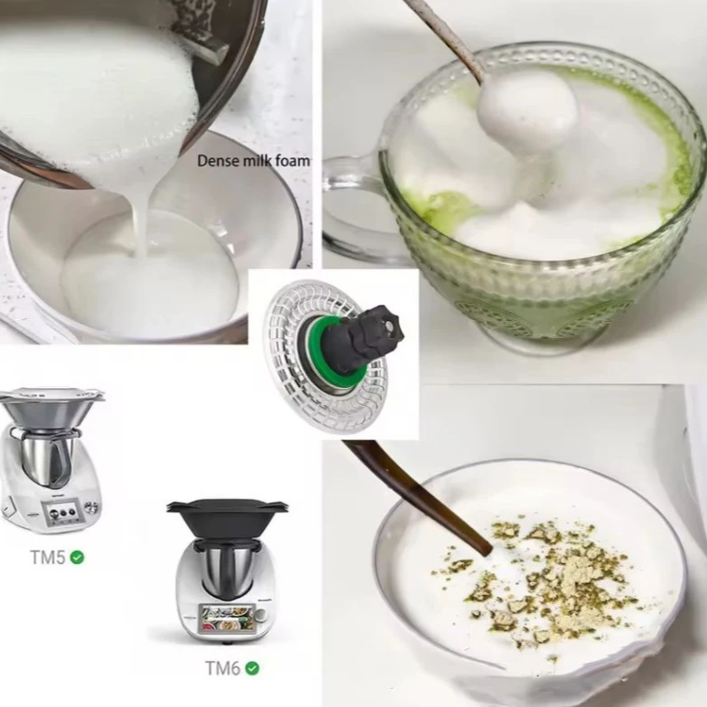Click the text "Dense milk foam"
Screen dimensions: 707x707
tap(253, 161)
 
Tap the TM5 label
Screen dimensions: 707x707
tap(47, 557)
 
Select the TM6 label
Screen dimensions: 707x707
tap(222, 668)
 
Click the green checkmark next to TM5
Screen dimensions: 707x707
tap(78, 557)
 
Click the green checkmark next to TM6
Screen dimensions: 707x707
tap(252, 668)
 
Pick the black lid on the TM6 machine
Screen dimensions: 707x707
tap(227, 516)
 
